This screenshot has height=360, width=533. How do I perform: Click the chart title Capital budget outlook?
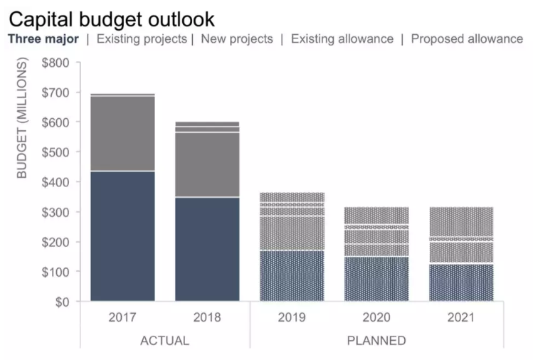click(111, 18)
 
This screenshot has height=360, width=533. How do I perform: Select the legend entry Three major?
click(43, 39)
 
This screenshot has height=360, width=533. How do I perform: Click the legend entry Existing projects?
click(142, 39)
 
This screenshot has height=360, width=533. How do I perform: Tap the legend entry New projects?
click(237, 39)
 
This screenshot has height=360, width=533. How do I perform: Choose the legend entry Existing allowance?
click(342, 39)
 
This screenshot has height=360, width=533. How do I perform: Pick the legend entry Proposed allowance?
click(467, 39)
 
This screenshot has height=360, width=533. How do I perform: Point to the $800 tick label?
click(56, 63)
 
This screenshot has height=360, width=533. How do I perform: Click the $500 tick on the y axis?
click(56, 152)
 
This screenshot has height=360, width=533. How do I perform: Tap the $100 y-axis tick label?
click(56, 272)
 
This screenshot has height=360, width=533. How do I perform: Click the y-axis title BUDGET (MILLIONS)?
click(22, 119)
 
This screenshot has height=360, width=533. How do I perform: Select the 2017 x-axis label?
click(122, 317)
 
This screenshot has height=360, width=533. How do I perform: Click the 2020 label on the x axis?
click(376, 317)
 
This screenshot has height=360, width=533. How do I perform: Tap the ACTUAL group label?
click(164, 340)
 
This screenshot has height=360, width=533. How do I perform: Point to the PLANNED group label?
click(376, 340)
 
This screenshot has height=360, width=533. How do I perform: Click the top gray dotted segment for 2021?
click(461, 221)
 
